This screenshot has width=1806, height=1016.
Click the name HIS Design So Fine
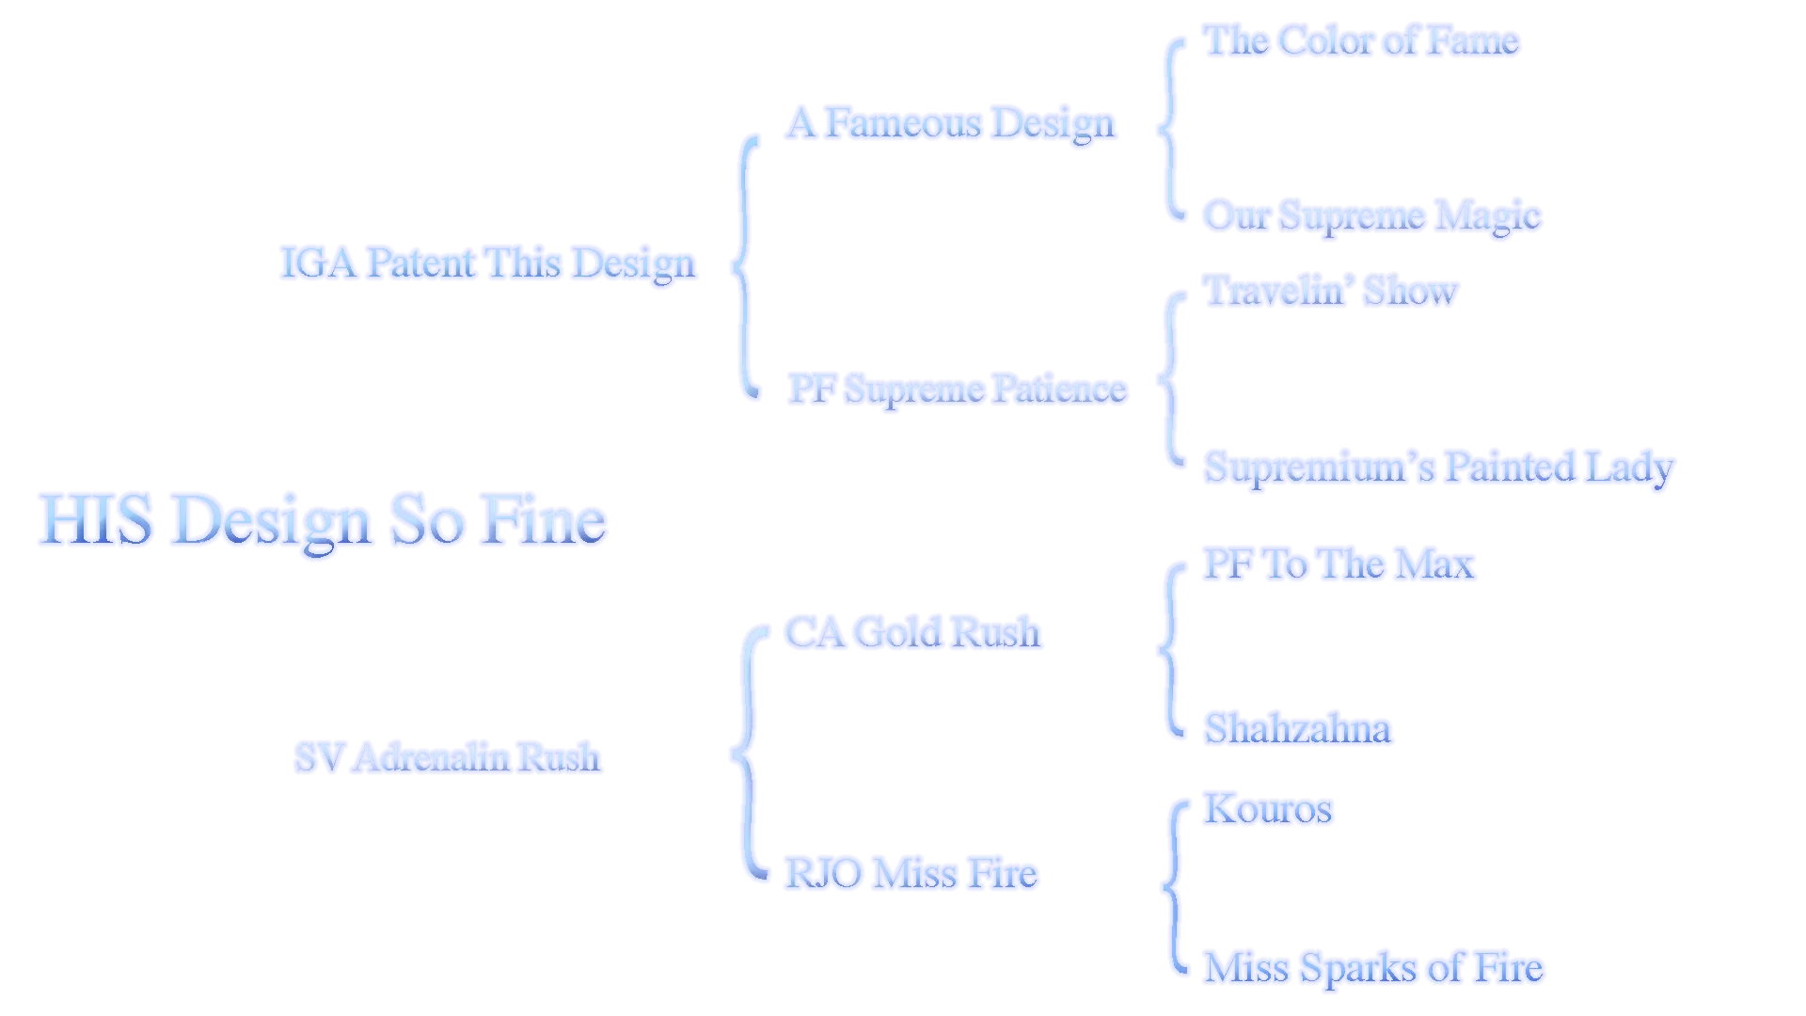pyautogui.click(x=322, y=520)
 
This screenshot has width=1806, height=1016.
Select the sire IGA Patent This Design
pyautogui.click(x=488, y=263)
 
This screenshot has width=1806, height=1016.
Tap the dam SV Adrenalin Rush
pyautogui.click(x=447, y=757)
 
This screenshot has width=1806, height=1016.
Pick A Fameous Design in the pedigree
pyautogui.click(x=951, y=124)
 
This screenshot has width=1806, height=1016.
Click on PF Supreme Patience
pyautogui.click(x=958, y=389)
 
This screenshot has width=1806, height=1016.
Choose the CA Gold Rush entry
pyautogui.click(x=913, y=632)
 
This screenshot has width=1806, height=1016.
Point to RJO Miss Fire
pyautogui.click(x=911, y=873)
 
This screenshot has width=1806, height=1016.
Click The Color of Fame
pyautogui.click(x=1361, y=40)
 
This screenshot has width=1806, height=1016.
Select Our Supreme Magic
pyautogui.click(x=1372, y=216)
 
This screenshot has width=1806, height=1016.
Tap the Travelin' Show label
pyautogui.click(x=1331, y=291)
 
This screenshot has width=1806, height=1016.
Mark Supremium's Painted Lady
pyautogui.click(x=1439, y=468)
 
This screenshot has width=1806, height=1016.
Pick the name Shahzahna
pyautogui.click(x=1298, y=729)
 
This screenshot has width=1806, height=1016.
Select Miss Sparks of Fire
pyautogui.click(x=1374, y=968)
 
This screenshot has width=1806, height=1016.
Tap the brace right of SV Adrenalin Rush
pyautogui.click(x=747, y=753)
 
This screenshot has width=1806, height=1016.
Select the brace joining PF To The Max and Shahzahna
pyautogui.click(x=1169, y=649)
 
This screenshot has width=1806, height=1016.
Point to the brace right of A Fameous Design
pyautogui.click(x=1169, y=129)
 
